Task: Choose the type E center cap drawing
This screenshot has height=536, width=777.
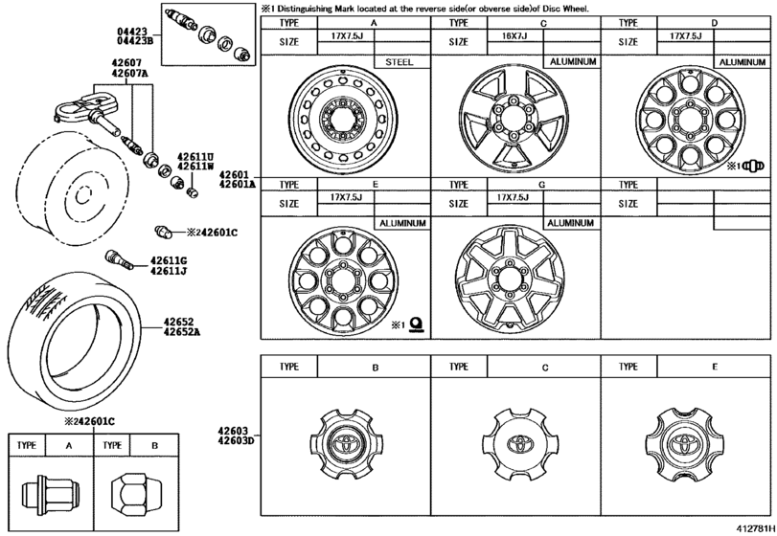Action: [x=684, y=444]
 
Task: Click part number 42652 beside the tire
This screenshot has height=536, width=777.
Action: [x=180, y=323]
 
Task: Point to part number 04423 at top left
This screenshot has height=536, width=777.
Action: [x=127, y=32]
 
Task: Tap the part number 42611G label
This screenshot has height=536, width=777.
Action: [x=168, y=260]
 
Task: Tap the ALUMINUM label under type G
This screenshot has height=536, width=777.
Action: [x=570, y=223]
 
